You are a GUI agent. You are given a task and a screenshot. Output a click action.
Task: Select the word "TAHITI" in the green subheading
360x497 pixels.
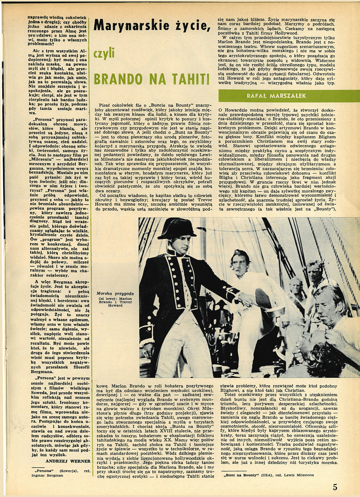pos(190,79)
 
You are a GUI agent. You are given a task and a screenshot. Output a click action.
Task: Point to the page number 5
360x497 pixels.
pos(335,487)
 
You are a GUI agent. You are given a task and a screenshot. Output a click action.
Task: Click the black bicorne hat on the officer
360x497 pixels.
pos(176,229)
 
